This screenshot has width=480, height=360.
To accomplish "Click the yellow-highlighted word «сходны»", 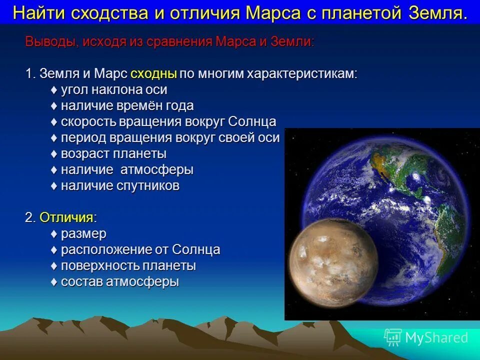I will [x=153, y=74].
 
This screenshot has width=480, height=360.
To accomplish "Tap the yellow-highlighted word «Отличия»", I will [x=66, y=217].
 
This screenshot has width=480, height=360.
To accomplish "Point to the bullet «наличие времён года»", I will [x=127, y=106].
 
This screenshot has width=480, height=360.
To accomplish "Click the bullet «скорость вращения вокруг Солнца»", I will [x=168, y=122].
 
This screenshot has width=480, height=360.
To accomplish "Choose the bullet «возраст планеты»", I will [x=113, y=154].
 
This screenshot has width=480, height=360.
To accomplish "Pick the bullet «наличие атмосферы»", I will [x=127, y=170].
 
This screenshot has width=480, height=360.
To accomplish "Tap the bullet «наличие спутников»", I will [x=120, y=186].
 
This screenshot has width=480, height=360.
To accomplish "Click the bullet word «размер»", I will [x=83, y=234].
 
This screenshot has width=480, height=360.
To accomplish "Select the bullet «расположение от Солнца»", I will [x=140, y=250].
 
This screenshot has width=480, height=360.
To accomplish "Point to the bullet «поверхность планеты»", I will [x=128, y=266].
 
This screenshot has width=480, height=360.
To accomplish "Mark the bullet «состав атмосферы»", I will [x=119, y=282].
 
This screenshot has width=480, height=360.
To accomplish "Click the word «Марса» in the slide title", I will [x=273, y=12].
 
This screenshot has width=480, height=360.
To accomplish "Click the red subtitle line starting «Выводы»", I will [x=170, y=42].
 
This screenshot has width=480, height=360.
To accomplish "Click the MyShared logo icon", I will [x=392, y=337].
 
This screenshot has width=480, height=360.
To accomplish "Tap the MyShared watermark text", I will [x=436, y=338].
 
